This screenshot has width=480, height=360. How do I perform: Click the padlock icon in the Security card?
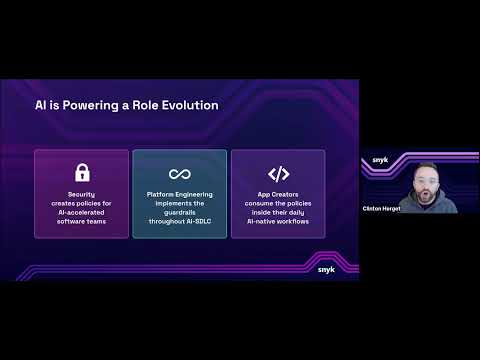pyautogui.click(x=82, y=174)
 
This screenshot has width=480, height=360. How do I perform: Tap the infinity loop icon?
pyautogui.click(x=180, y=174)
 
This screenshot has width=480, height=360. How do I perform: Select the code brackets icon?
pyautogui.click(x=278, y=174)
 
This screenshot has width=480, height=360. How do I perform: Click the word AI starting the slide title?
pyautogui.click(x=41, y=106)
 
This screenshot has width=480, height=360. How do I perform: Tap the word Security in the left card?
pyautogui.click(x=82, y=195)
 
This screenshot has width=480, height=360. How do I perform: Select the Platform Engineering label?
pyautogui.click(x=180, y=195)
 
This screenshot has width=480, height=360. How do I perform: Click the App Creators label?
pyautogui.click(x=278, y=195)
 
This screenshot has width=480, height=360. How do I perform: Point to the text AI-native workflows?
pyautogui.click(x=278, y=219)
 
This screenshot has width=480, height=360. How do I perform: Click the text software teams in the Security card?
pyautogui.click(x=82, y=219)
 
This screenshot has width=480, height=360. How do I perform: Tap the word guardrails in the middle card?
pyautogui.click(x=180, y=211)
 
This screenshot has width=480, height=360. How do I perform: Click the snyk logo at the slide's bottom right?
pyautogui.click(x=326, y=268)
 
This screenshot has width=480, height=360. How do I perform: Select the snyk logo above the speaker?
pyautogui.click(x=381, y=160)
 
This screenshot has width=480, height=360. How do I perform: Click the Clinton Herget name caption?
pyautogui.click(x=379, y=208)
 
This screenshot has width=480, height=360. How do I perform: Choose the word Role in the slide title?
pyautogui.click(x=138, y=106)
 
